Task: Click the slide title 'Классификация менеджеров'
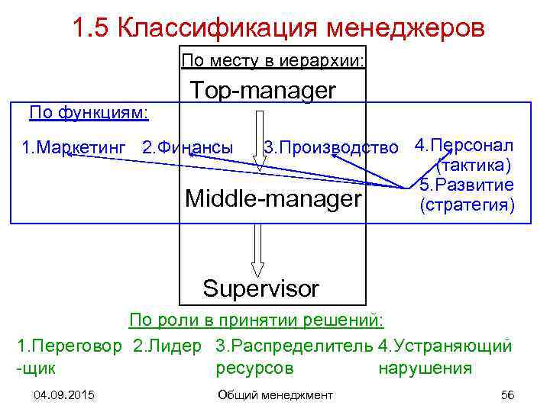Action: [278, 28]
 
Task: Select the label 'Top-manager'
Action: [263, 91]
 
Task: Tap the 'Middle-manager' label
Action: [273, 200]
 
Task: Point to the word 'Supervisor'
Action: [260, 288]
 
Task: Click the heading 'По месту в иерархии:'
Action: [273, 60]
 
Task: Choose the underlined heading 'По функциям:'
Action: [89, 114]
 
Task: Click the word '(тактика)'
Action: [473, 166]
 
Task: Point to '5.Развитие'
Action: [467, 185]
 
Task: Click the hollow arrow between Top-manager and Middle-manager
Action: [257, 137]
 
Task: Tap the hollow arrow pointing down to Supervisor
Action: [257, 248]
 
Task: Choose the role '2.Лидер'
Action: [167, 346]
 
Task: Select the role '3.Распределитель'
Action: [295, 346]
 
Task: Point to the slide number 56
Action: [506, 394]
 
